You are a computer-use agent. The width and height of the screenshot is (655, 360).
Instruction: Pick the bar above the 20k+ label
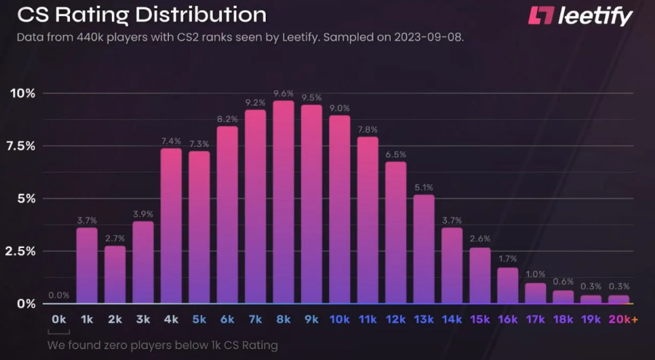(619, 299)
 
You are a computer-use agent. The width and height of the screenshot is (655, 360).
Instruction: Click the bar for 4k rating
(171, 225)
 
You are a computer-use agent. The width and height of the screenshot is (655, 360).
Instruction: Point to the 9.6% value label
(284, 93)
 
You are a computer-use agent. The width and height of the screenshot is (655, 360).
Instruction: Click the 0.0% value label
(59, 295)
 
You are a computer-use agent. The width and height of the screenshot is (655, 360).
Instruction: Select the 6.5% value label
(396, 155)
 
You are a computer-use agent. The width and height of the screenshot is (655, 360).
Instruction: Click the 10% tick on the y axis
(22, 93)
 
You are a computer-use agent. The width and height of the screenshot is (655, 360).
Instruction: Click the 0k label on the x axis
(59, 319)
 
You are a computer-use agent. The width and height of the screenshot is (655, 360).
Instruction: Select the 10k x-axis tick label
(339, 319)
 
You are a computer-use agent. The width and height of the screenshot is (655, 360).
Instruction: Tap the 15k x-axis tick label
(480, 319)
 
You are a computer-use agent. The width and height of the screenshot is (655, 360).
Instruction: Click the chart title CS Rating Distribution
(141, 14)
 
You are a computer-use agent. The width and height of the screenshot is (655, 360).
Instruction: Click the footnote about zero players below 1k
(162, 345)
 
